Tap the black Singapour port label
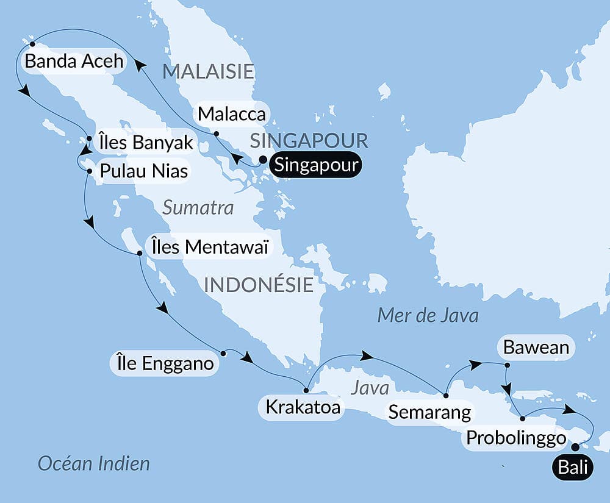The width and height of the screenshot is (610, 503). (315, 165)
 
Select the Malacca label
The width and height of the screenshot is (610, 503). (231, 113)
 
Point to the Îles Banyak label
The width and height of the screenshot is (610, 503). (145, 143)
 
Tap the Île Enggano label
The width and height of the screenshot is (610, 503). (163, 364)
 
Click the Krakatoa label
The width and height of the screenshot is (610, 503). (301, 406)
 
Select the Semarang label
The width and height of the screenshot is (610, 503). (429, 412)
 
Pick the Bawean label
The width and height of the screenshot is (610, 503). (536, 348)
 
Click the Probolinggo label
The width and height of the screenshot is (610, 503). (516, 438)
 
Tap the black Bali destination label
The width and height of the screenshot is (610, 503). (573, 468)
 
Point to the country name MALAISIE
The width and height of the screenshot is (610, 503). (208, 71)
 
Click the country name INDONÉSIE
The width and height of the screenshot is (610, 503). (259, 285)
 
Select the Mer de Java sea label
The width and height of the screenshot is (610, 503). (428, 315)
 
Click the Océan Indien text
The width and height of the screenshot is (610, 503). (93, 463)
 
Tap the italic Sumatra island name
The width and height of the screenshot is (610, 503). (198, 208)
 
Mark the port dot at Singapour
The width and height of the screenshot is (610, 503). (263, 160)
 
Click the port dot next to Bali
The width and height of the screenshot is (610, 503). (575, 446)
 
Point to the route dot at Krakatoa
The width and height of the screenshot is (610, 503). (305, 390)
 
